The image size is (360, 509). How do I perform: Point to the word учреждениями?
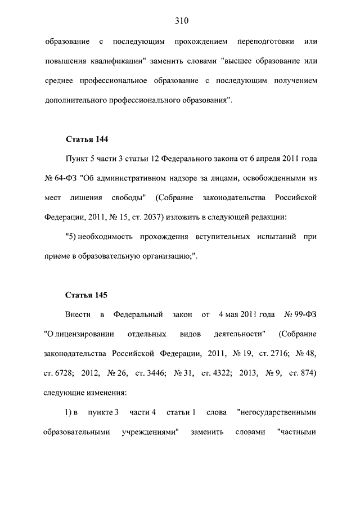pyautogui.click(x=149, y=432)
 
